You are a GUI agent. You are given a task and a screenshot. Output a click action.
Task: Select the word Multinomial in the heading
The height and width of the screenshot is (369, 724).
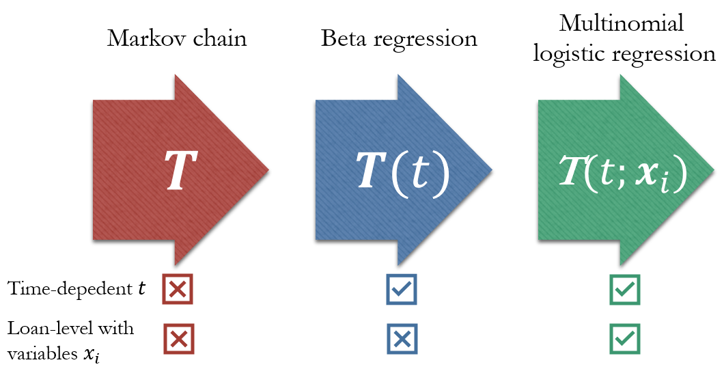(622, 25)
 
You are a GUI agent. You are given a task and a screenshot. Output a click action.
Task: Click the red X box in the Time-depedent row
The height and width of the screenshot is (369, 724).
(178, 290)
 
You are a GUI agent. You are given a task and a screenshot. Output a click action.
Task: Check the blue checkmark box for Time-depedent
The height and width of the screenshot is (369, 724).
(401, 290)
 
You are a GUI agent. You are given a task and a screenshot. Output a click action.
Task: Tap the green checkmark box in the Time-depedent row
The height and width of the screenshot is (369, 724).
(624, 290)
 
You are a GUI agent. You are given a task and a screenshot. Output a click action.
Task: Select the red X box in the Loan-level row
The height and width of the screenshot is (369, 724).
(178, 338)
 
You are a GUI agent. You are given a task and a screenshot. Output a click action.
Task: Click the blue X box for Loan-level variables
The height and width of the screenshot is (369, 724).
(401, 338)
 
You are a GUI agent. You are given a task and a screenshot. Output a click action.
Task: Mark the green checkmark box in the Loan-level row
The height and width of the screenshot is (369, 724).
(624, 338)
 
